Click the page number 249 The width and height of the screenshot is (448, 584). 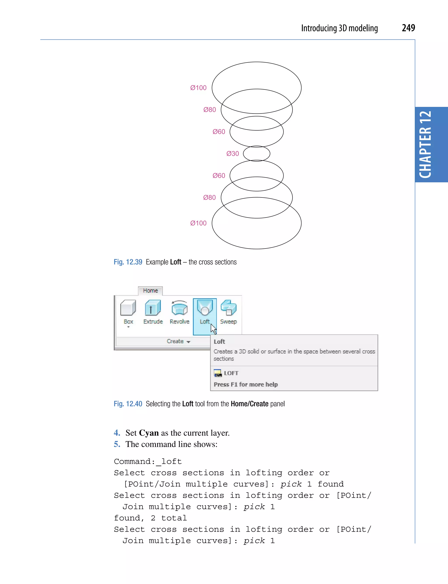[408, 28]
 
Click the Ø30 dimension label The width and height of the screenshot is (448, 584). [233, 154]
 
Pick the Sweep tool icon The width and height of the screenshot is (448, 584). [229, 308]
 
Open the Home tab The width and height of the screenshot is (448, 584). [150, 291]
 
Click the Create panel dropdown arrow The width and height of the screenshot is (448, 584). [189, 342]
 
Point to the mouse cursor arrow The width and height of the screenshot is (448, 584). [213, 329]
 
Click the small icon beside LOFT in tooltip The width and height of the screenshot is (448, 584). [218, 373]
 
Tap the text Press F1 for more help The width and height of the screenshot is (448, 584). [246, 384]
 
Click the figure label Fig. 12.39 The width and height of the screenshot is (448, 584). [128, 262]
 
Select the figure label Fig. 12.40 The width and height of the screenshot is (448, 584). [128, 404]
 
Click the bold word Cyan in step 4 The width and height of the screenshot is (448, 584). [149, 433]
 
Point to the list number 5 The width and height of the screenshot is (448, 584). [117, 444]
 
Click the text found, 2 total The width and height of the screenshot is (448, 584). [150, 518]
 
